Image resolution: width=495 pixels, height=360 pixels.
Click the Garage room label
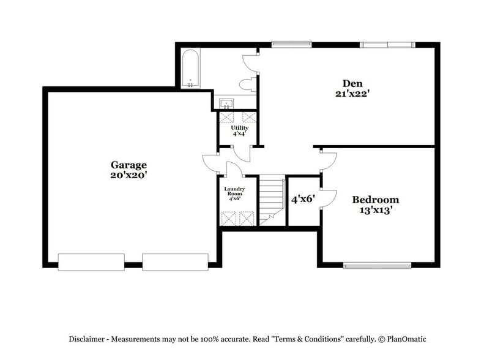pos(128,165)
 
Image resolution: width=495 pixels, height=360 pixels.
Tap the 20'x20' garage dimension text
pos(128,175)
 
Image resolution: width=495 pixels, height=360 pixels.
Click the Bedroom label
pos(375,200)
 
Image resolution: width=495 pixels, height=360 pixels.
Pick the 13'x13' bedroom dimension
pos(375,210)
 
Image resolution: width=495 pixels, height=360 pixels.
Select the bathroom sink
pos(225,103)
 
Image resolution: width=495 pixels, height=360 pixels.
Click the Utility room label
pos(239,128)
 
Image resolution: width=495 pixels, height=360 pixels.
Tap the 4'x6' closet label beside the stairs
pos(302,200)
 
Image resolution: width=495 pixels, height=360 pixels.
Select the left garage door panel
pos(91,262)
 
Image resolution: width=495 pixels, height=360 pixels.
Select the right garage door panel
pos(175,262)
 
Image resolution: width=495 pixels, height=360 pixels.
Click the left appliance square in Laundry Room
pos(229,218)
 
